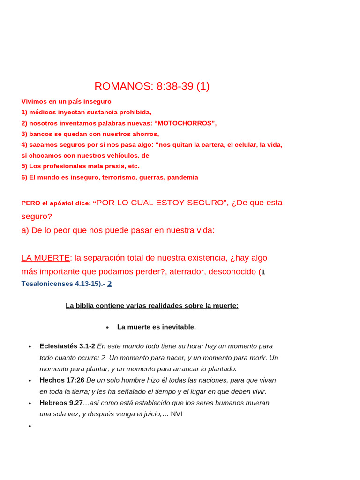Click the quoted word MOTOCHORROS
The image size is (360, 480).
point(186,123)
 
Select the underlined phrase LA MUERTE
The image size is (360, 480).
point(45,258)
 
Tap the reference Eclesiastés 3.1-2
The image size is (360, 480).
point(67,346)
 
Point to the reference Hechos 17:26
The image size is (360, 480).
point(62,380)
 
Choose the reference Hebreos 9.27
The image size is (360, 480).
point(61,403)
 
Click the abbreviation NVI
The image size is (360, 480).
point(176,414)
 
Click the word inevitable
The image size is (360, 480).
point(178,327)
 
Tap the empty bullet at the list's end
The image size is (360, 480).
point(30,426)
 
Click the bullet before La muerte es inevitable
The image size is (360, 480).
point(107,327)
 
